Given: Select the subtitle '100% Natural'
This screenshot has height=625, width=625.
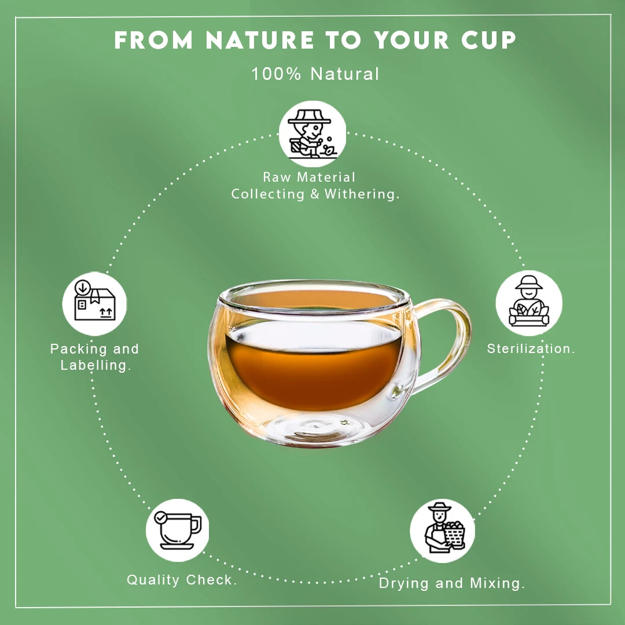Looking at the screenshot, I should (x=315, y=74).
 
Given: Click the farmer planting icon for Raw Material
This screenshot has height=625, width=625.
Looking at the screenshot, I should (x=312, y=134).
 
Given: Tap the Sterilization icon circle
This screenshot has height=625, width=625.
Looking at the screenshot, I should (x=528, y=303).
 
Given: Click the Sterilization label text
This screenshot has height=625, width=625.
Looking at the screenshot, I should (x=531, y=348).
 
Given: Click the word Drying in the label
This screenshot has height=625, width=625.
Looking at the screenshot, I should (x=404, y=583).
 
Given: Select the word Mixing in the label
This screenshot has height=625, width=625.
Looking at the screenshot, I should (x=497, y=583).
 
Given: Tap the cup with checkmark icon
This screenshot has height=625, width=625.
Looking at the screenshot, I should (x=177, y=530).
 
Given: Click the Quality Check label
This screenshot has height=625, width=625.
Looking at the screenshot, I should (x=182, y=579).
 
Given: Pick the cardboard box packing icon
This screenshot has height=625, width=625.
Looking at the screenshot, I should (x=94, y=303).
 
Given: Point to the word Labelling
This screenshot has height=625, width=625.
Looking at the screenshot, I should (x=94, y=365).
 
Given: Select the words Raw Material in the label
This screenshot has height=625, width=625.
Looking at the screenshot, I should (x=309, y=177).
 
